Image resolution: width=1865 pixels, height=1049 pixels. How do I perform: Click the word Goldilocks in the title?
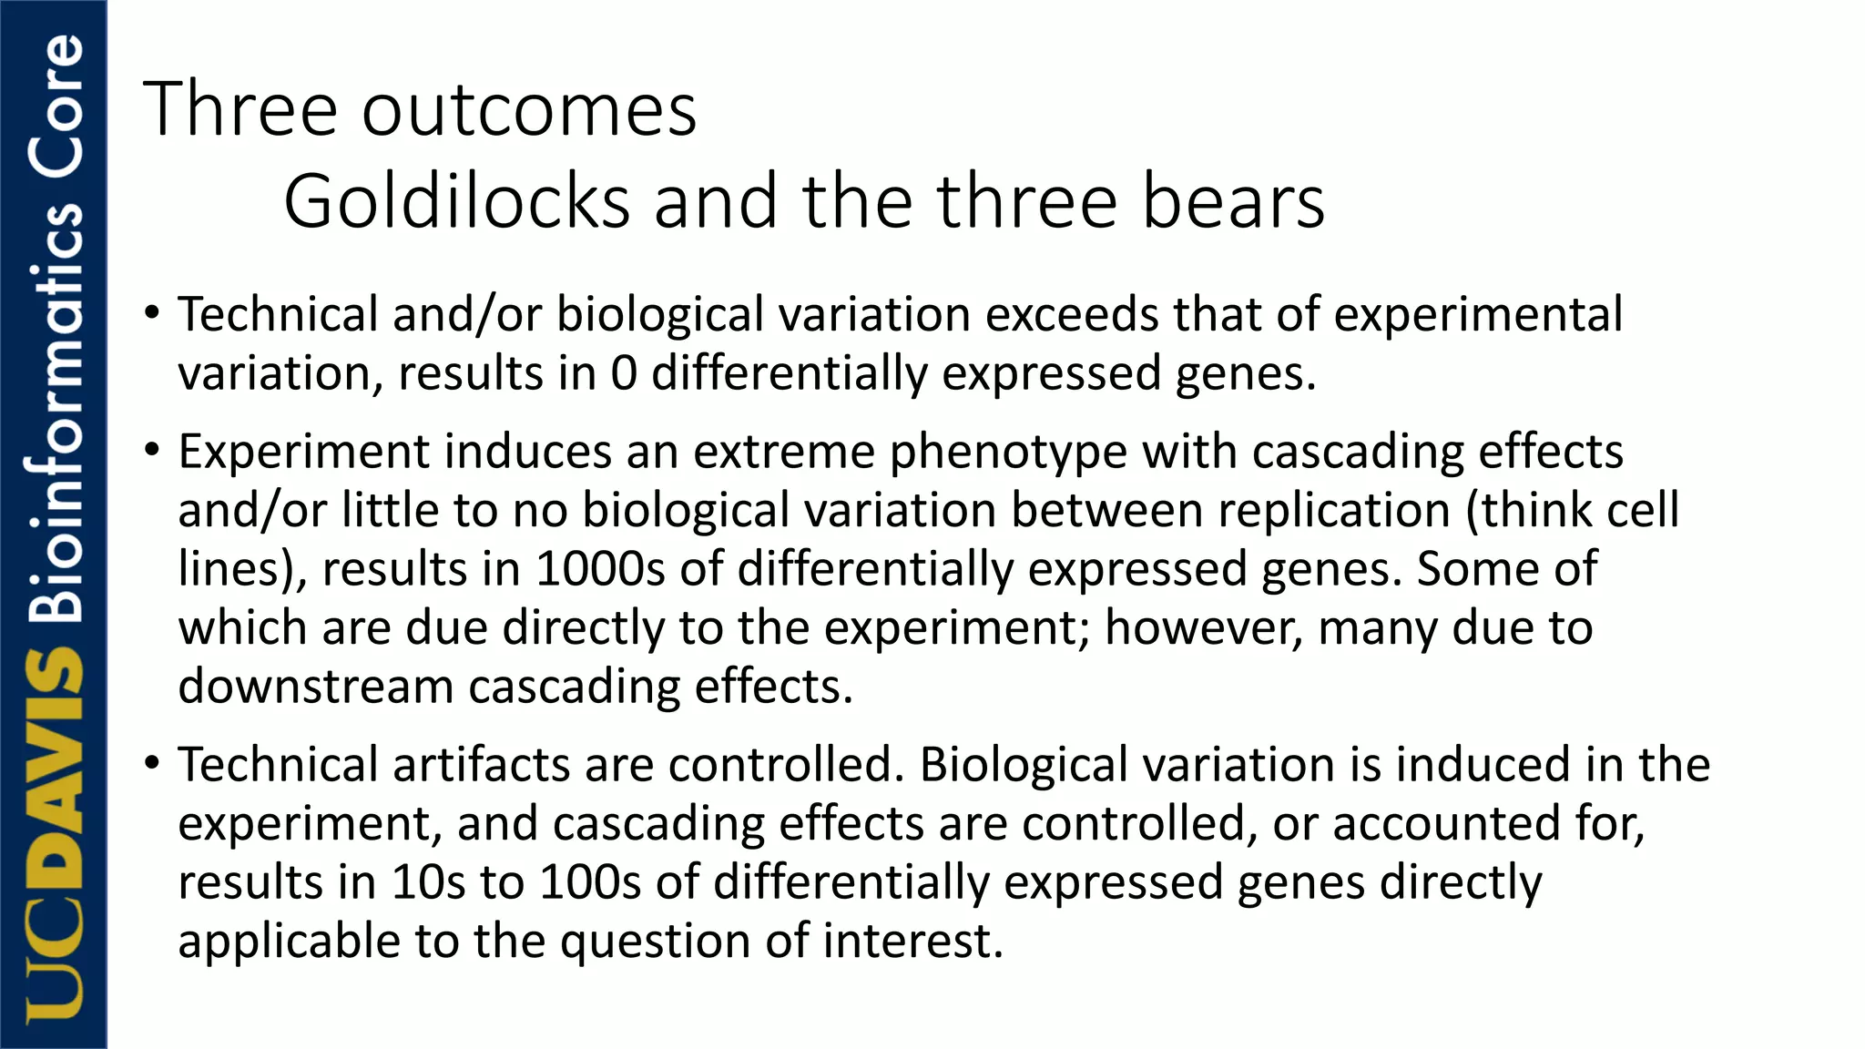456,201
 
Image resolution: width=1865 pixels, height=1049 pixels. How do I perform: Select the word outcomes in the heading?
529,110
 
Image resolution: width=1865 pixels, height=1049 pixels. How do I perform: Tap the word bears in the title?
1233,201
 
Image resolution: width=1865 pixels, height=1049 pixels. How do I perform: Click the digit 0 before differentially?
624,373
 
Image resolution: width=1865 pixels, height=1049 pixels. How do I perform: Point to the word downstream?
315,686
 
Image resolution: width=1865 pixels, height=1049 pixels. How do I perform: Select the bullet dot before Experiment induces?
152,449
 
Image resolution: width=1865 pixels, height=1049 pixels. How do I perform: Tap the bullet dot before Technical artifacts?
152,762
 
